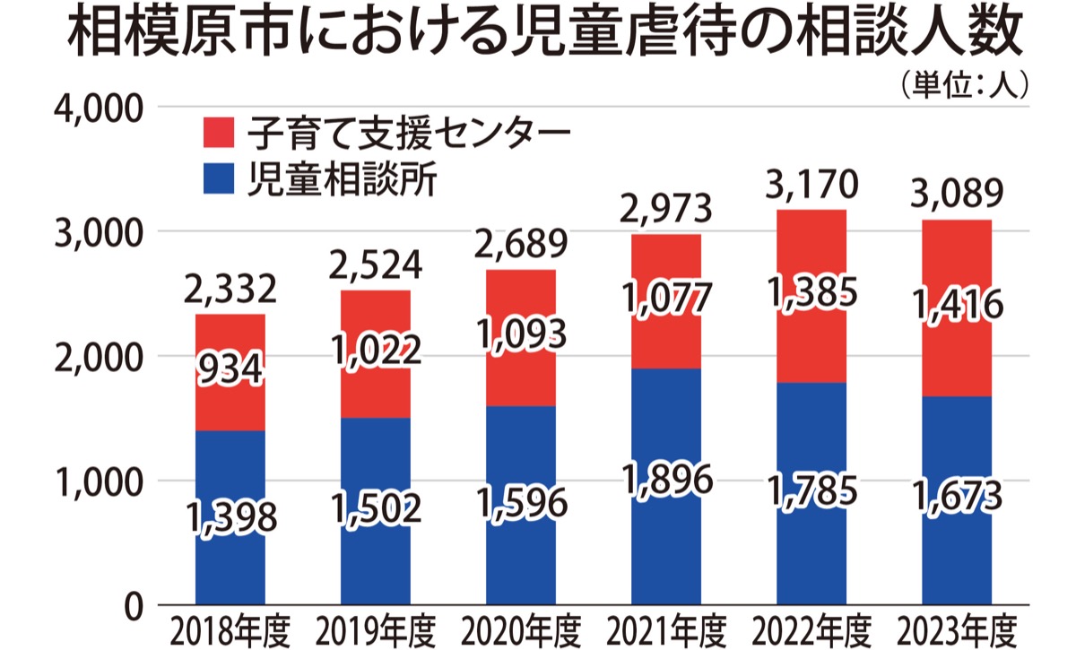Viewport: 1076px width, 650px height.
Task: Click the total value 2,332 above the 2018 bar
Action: tap(230, 290)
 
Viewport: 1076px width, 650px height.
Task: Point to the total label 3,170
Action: tap(812, 186)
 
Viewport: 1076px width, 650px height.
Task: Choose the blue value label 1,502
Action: tap(376, 508)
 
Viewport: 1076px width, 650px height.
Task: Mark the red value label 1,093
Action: tap(521, 335)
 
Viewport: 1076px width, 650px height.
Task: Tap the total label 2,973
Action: tap(667, 210)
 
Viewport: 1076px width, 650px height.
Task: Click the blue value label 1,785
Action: tap(812, 491)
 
